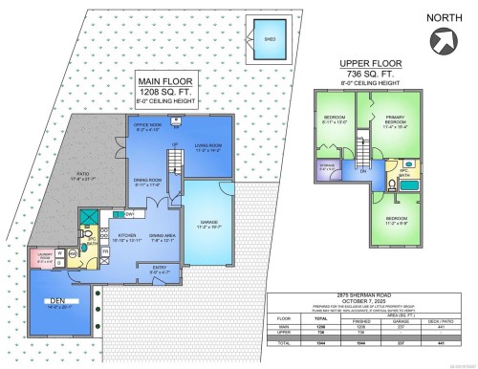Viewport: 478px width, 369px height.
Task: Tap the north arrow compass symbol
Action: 443,39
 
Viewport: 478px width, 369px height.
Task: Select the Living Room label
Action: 207,147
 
